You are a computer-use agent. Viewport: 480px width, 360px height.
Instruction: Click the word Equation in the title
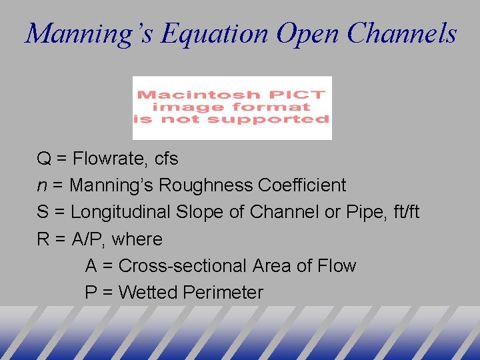pyautogui.click(x=214, y=33)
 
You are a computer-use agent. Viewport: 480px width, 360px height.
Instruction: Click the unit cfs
pyautogui.click(x=166, y=159)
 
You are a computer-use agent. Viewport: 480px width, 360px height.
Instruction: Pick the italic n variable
pyautogui.click(x=41, y=186)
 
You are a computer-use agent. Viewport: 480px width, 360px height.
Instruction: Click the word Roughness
pyautogui.click(x=215, y=185)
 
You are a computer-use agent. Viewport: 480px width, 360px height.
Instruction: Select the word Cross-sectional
pyautogui.click(x=183, y=265)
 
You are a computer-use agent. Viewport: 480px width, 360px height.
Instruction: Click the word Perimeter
pyautogui.click(x=223, y=292)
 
